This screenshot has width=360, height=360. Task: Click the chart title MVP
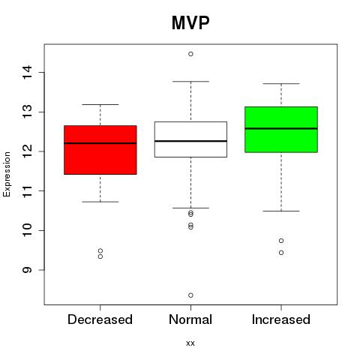pyautogui.click(x=190, y=22)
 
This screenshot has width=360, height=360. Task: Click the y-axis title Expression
pyautogui.click(x=7, y=175)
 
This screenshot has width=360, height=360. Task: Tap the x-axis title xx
pyautogui.click(x=190, y=343)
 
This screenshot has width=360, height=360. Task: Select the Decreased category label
pyautogui.click(x=100, y=319)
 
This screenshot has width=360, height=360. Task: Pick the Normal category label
pyautogui.click(x=190, y=319)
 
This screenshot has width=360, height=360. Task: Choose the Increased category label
pyautogui.click(x=281, y=319)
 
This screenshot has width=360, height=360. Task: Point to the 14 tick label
pyautogui.click(x=27, y=73)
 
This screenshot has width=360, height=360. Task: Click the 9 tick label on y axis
pyautogui.click(x=27, y=270)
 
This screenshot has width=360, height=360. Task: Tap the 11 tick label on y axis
pyautogui.click(x=27, y=191)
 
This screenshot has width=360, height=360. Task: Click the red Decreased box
pyautogui.click(x=100, y=150)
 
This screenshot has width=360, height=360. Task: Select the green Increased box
pyautogui.click(x=281, y=130)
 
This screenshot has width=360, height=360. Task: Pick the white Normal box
pyautogui.click(x=190, y=139)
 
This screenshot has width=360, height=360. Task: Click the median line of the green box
pyautogui.click(x=281, y=128)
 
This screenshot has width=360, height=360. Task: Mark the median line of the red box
pyautogui.click(x=100, y=143)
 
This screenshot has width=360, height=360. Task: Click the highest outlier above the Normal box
pyautogui.click(x=190, y=54)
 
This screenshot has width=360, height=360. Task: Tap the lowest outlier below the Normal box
pyautogui.click(x=190, y=295)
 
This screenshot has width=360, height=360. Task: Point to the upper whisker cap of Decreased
pyautogui.click(x=100, y=104)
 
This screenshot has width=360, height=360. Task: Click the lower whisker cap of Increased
pyautogui.click(x=281, y=211)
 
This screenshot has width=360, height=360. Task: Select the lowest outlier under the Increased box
pyautogui.click(x=281, y=253)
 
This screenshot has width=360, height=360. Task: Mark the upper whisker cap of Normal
pyautogui.click(x=190, y=82)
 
